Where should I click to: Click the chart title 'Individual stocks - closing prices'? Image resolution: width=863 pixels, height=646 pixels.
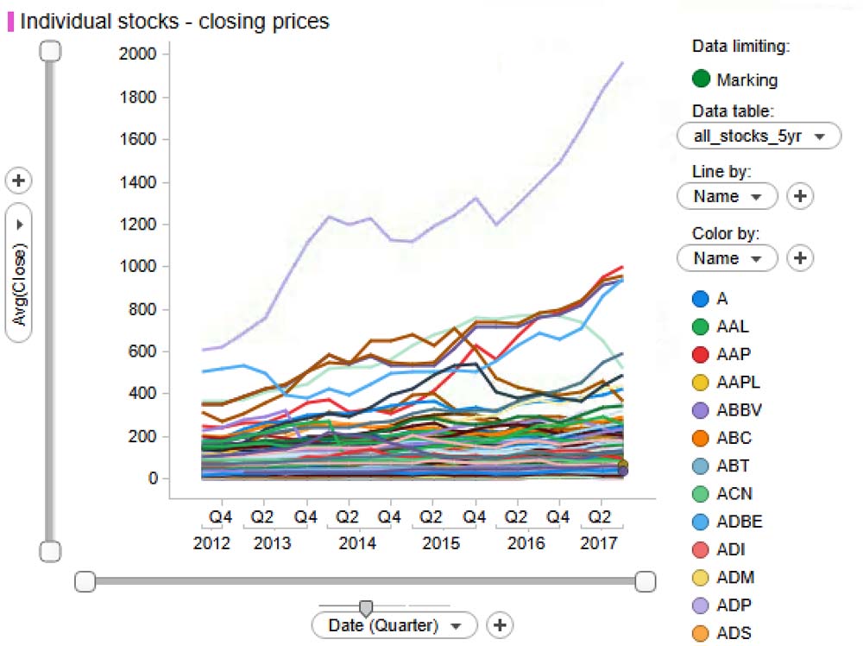(x=174, y=21)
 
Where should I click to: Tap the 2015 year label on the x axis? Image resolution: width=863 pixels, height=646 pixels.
(x=440, y=544)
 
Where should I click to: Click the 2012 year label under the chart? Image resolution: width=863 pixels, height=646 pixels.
(x=211, y=544)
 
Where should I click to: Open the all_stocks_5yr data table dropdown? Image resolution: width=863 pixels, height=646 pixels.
(x=759, y=136)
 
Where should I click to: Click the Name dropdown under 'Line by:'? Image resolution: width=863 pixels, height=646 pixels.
(x=728, y=196)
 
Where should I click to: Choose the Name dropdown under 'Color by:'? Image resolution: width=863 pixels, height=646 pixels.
(x=728, y=257)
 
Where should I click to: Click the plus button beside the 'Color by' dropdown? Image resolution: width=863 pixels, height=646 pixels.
(x=800, y=257)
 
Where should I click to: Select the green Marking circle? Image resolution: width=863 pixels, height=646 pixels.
(x=702, y=79)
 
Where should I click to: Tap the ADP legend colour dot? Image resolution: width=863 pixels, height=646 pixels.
(x=702, y=605)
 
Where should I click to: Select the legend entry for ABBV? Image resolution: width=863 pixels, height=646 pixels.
(x=739, y=410)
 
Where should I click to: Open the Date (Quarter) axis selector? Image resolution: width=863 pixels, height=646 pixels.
(x=394, y=624)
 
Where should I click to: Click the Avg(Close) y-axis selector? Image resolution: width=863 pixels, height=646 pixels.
(x=19, y=272)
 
